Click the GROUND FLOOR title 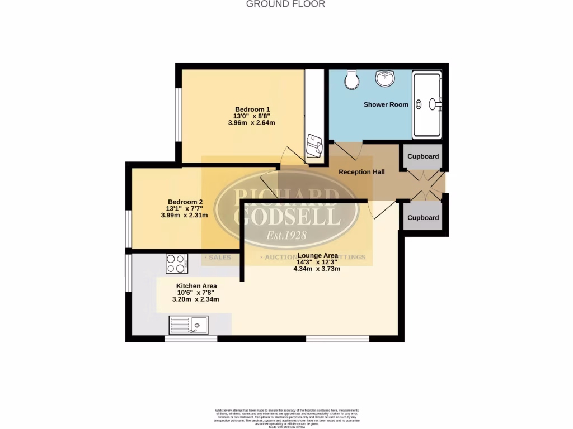(286, 4)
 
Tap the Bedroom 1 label (252, 109)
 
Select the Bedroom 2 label (185, 202)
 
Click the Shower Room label (386, 104)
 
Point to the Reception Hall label (361, 172)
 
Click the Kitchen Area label (196, 285)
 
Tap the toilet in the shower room (352, 79)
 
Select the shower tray (427, 104)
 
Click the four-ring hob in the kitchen (176, 263)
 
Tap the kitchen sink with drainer (189, 325)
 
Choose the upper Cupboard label (423, 156)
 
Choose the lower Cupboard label (423, 218)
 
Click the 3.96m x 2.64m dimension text (252, 123)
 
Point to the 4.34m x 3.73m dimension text (317, 269)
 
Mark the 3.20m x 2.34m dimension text (195, 299)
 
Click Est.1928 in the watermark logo (286, 235)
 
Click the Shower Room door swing (355, 149)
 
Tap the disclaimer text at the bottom (286, 417)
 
